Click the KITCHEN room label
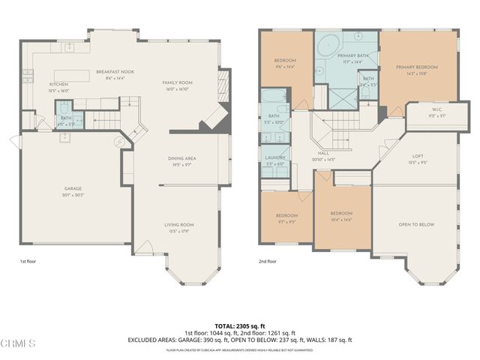(59, 84)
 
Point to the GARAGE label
(73, 188)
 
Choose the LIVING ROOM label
(179, 224)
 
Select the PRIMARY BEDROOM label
(416, 67)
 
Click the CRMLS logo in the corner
(18, 344)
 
